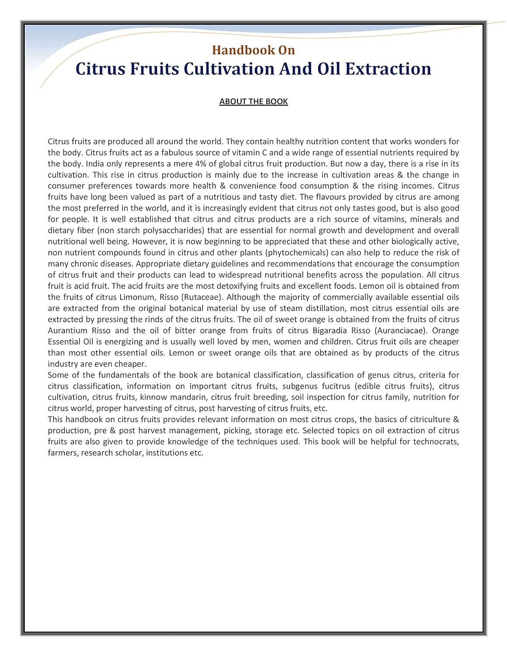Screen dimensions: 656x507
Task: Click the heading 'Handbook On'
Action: click(x=253, y=50)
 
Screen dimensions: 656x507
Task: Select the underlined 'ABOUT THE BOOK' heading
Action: click(x=253, y=101)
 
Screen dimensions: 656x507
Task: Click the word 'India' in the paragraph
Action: click(x=96, y=164)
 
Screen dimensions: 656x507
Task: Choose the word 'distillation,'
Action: click(x=324, y=308)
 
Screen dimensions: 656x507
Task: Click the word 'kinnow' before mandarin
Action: click(x=153, y=398)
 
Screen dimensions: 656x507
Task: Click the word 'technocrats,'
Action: click(x=436, y=442)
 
